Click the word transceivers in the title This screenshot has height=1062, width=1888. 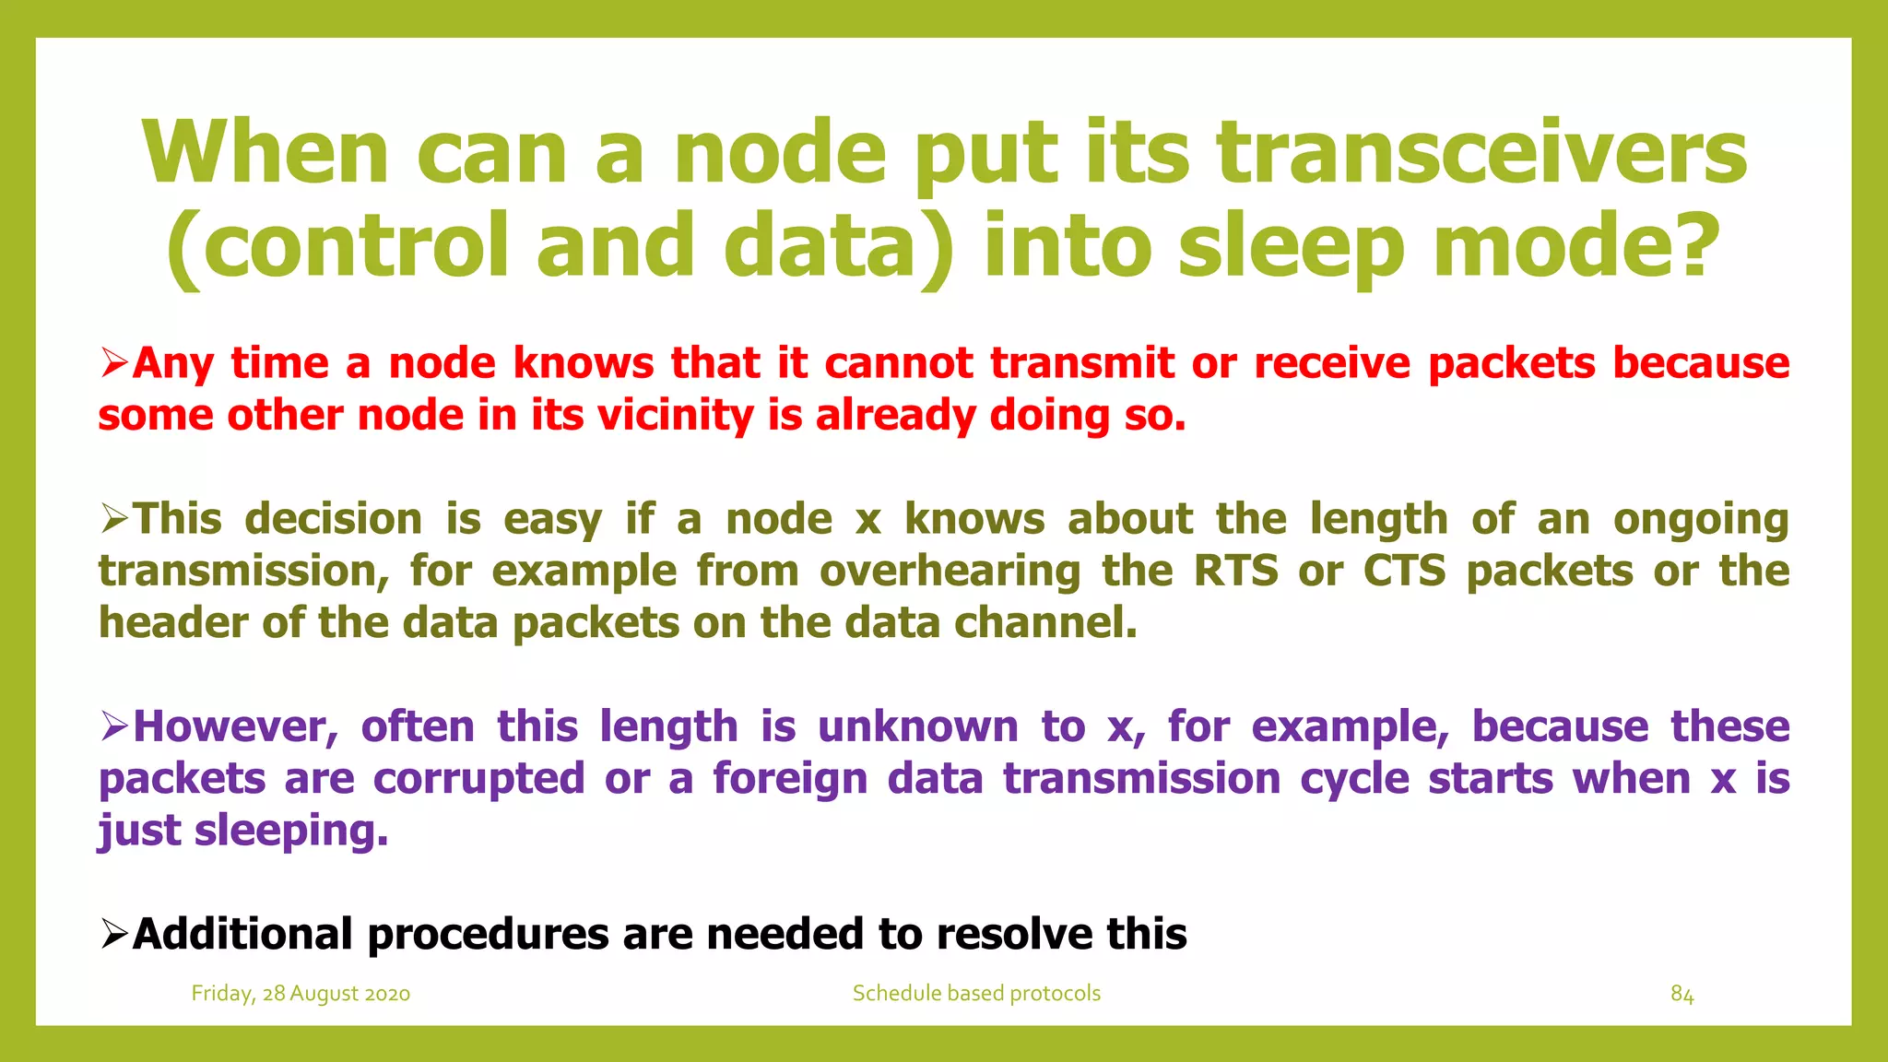click(x=1481, y=154)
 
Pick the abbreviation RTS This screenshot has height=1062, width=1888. click(x=1236, y=571)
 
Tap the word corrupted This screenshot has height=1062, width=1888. click(x=478, y=779)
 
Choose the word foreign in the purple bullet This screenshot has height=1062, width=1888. click(x=790, y=779)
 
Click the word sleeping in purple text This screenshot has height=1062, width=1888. click(x=291, y=832)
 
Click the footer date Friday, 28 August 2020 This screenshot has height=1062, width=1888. click(x=301, y=994)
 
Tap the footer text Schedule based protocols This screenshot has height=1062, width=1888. click(x=976, y=994)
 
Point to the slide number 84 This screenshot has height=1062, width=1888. click(x=1681, y=995)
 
